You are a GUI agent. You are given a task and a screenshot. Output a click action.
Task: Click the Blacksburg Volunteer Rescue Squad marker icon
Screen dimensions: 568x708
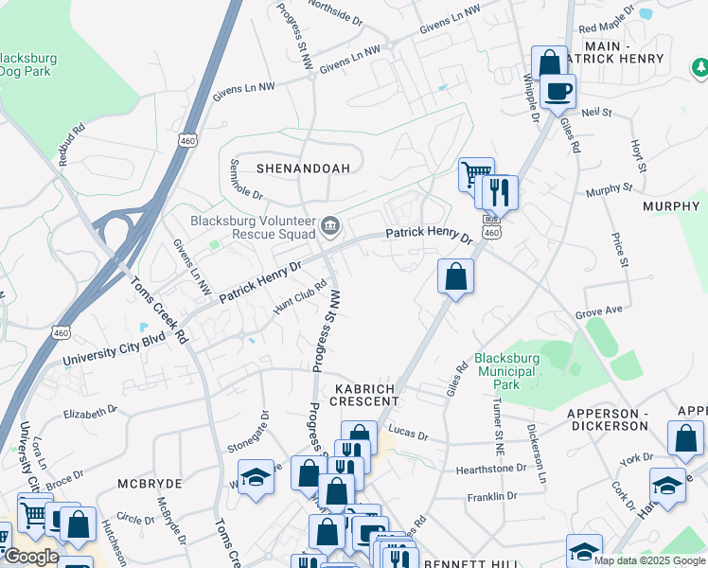coord(330,224)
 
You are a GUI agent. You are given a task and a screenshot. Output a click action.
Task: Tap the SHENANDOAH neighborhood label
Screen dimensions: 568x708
coord(303,169)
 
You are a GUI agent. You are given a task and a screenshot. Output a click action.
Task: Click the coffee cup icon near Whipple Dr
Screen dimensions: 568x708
coord(559,92)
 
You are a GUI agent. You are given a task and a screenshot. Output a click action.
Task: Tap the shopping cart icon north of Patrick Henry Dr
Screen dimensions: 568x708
coord(476,174)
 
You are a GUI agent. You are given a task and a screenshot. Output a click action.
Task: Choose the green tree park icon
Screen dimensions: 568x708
coord(700,67)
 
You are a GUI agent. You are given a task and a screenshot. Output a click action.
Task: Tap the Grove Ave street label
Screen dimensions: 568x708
coord(599,311)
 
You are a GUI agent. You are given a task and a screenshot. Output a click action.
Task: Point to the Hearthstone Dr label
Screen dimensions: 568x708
coord(491,468)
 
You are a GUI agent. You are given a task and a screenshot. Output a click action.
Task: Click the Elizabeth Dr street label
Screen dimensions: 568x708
coord(90,413)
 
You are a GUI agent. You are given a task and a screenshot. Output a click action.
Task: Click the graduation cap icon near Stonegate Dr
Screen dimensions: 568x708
coord(256,476)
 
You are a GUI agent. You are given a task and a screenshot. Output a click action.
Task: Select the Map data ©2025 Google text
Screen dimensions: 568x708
coord(648,560)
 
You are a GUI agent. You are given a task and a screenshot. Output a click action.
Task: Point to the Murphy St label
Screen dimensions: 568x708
coord(608,189)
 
